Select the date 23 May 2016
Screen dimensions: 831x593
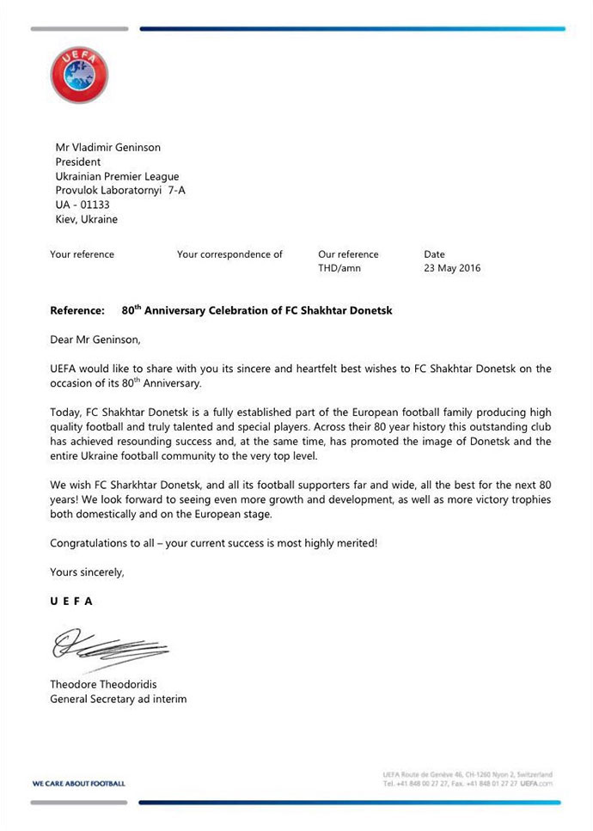click(452, 268)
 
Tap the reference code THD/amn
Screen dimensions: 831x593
click(339, 268)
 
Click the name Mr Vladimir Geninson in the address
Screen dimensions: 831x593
click(108, 147)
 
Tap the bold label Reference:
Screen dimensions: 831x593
click(77, 310)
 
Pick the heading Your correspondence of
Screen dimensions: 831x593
click(229, 254)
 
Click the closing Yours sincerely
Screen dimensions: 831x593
click(87, 572)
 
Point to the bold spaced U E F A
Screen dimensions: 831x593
click(71, 602)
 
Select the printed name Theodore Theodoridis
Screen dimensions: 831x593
click(103, 685)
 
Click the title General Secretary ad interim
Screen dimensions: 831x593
click(118, 699)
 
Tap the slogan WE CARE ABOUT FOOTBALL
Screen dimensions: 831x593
click(78, 784)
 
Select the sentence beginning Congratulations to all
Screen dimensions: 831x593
click(213, 543)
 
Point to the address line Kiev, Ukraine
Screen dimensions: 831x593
click(87, 219)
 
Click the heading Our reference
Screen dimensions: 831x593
click(348, 254)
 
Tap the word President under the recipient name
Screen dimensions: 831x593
click(78, 162)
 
